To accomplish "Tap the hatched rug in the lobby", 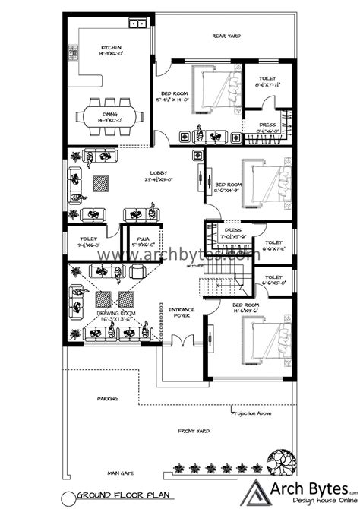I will pos(103,183).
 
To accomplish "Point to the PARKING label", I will pos(106,397).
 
